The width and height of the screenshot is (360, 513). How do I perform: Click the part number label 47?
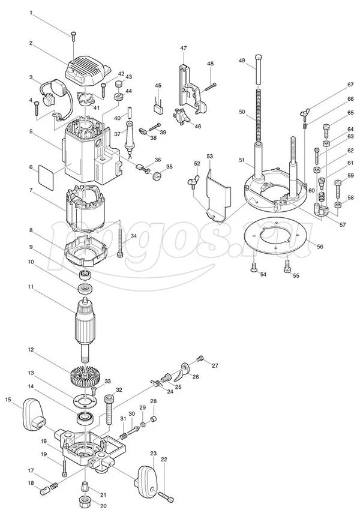click(x=183, y=48)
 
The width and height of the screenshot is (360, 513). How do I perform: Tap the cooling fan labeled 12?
click(x=85, y=376)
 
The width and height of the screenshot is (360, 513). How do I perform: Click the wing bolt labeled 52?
click(x=192, y=183)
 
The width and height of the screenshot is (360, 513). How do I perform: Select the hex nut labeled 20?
click(x=86, y=501)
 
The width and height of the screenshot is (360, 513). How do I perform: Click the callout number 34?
click(x=134, y=236)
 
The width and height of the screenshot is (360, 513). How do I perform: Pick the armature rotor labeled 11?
click(x=85, y=326)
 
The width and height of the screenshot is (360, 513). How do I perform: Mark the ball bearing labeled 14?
click(x=85, y=418)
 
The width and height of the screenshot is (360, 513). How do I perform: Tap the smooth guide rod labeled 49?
click(x=259, y=70)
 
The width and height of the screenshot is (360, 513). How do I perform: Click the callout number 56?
click(x=320, y=247)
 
